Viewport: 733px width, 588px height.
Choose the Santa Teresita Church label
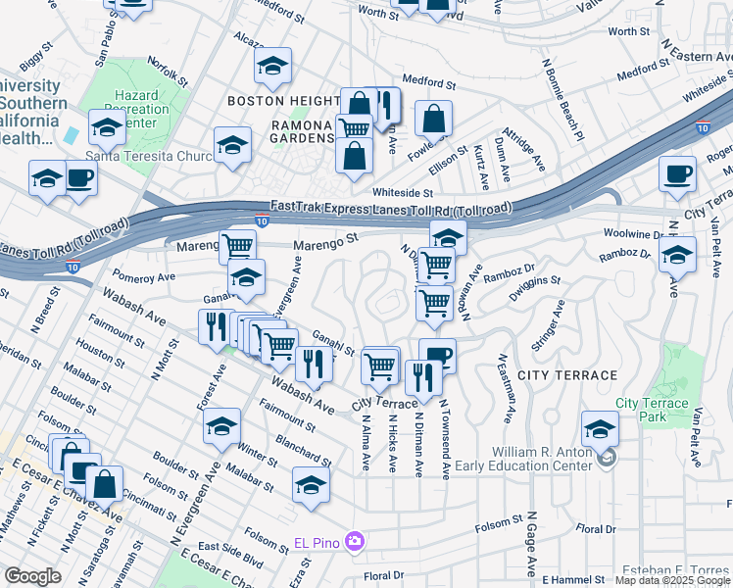tap(149, 155)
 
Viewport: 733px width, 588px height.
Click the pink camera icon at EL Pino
tap(355, 542)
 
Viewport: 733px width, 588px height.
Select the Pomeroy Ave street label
tap(143, 277)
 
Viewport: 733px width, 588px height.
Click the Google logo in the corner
tap(32, 576)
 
